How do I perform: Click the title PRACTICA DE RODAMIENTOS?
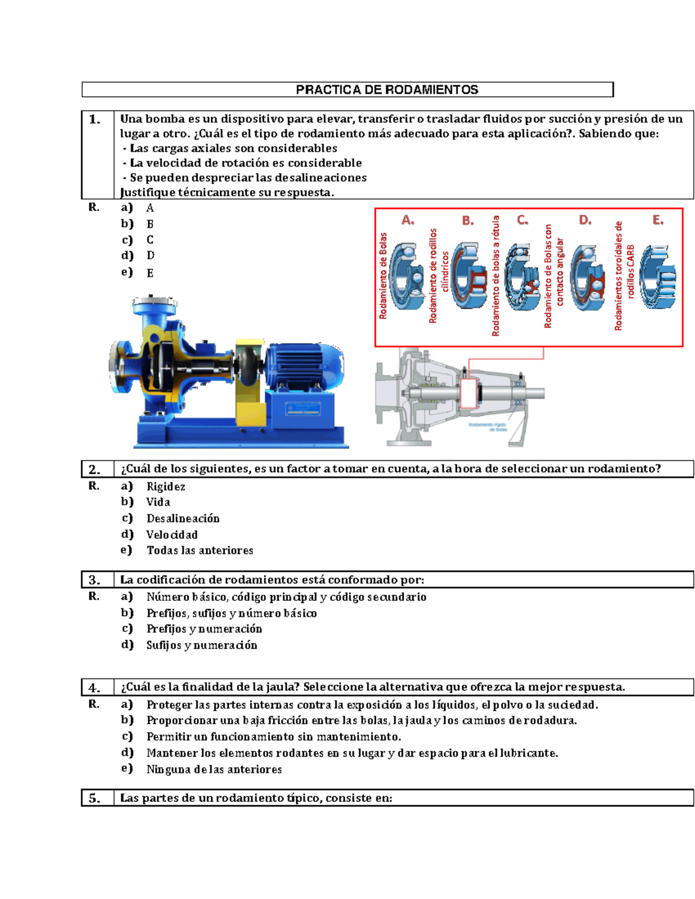coord(387,90)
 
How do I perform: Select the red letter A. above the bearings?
coord(408,220)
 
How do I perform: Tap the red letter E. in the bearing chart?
coord(658,220)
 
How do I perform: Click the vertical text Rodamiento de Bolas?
coord(383,276)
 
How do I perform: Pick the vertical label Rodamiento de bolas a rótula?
coord(496,276)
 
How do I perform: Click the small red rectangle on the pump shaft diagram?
coord(469,392)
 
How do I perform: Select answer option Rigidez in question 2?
coord(166,487)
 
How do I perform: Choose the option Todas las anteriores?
coord(200,551)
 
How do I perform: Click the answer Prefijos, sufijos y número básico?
coord(231,613)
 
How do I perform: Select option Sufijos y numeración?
coord(202,645)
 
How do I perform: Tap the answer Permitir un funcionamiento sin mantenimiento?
coord(273,737)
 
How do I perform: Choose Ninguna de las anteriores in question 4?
coord(214,769)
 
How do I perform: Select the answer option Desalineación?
coord(183,519)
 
